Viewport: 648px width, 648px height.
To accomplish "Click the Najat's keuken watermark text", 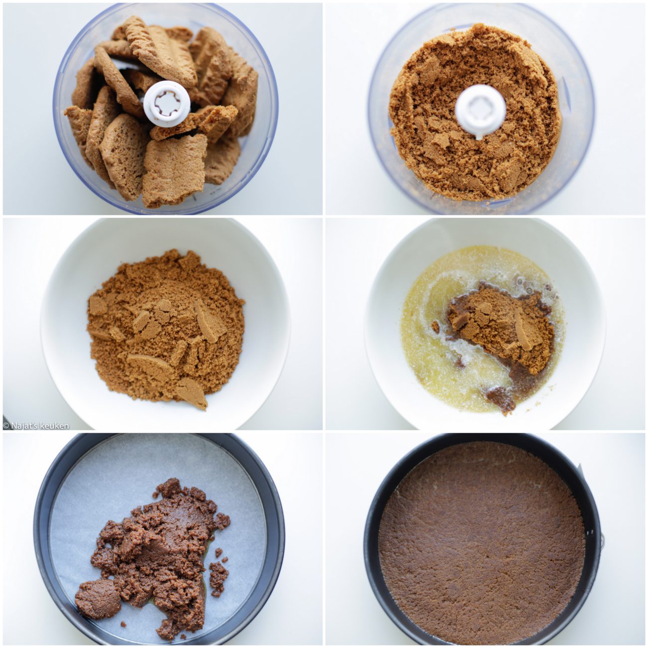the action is click(36, 426).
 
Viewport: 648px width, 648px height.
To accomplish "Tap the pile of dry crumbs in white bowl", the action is click(165, 328).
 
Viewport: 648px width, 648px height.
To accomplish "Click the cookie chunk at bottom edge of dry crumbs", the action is click(192, 393).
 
